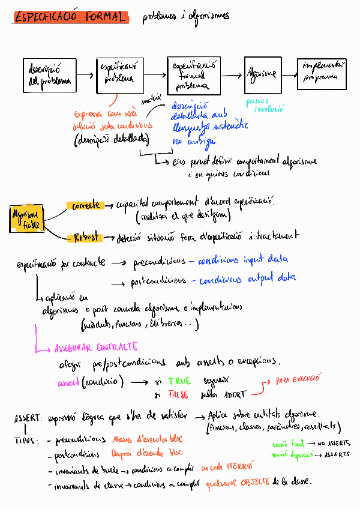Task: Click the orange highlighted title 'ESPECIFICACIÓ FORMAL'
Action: [71, 17]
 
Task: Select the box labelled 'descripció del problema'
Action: [50, 75]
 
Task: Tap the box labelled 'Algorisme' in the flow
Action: [262, 74]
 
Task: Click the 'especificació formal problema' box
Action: [193, 76]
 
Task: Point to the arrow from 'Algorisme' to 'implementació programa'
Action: [290, 74]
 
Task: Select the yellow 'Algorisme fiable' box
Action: [26, 219]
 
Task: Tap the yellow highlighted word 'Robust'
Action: [86, 236]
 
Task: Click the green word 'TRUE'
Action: [179, 381]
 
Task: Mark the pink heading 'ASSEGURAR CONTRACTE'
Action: [96, 348]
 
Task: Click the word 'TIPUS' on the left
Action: [25, 441]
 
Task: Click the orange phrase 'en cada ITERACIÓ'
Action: [227, 466]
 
